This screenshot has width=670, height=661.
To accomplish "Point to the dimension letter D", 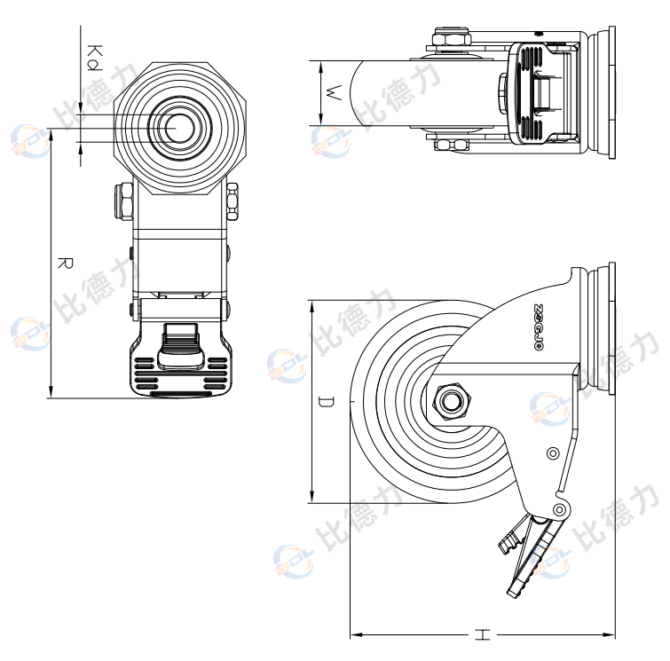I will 327,403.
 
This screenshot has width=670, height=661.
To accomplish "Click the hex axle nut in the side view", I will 451,402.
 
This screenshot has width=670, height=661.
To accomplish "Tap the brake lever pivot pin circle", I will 559,510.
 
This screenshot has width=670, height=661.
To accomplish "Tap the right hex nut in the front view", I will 233,201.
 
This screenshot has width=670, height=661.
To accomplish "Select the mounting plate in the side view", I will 606,328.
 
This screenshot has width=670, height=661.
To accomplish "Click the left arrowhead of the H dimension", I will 355,634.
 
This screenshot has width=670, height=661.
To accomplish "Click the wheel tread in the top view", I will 382,93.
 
